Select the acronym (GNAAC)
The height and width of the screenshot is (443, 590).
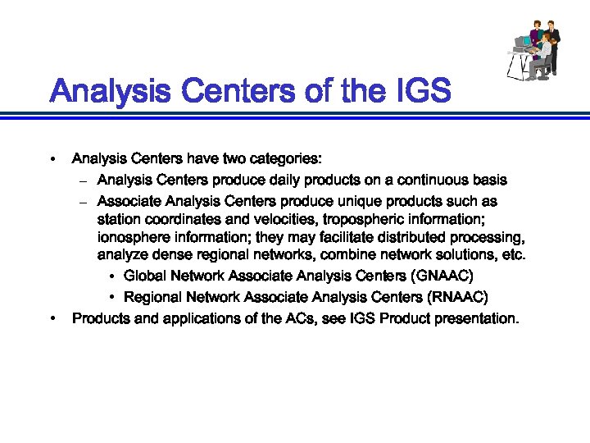click(442, 275)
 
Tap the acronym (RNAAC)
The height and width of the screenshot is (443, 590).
click(457, 296)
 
